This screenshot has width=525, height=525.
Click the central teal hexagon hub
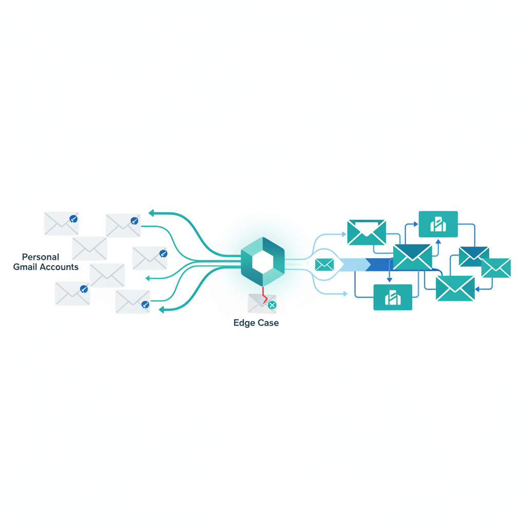(263, 261)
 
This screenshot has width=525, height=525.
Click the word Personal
(41, 257)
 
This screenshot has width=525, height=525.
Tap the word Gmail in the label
(25, 267)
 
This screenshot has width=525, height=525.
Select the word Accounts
(58, 267)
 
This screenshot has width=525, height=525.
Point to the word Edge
(244, 323)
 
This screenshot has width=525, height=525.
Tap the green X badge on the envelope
(272, 305)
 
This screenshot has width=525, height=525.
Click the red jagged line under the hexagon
(265, 295)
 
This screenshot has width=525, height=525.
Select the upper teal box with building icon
(438, 224)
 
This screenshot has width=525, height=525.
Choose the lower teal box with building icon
(393, 297)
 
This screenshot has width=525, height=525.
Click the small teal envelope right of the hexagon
(325, 265)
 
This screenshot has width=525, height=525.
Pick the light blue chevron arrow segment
(355, 265)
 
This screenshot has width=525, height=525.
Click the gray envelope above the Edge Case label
(262, 304)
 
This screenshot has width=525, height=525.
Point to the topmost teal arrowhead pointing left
(151, 213)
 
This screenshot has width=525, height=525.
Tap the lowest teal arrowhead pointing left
(161, 310)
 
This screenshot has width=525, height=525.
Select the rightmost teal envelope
(496, 268)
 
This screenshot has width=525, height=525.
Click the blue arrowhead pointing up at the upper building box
(438, 241)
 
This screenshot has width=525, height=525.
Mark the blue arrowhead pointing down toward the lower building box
(390, 279)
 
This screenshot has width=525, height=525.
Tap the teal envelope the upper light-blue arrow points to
(367, 232)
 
